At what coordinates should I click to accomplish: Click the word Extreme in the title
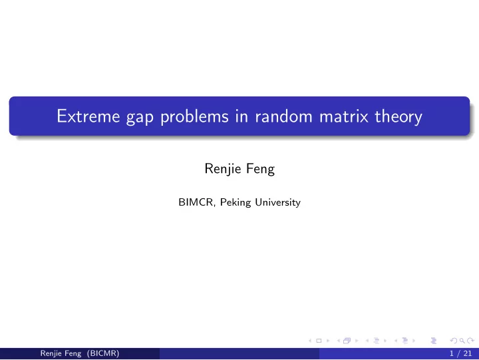(88, 116)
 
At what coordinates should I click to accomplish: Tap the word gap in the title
(140, 118)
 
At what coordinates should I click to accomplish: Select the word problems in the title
(194, 116)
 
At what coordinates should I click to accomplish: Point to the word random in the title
(284, 116)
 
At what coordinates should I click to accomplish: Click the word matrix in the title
(344, 116)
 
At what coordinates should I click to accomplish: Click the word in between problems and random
(241, 116)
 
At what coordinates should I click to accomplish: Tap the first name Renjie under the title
(223, 169)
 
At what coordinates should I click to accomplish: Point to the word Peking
(236, 202)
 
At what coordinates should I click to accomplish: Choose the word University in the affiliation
(277, 202)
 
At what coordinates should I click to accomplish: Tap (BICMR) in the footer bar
(103, 353)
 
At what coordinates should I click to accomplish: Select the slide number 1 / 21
(460, 353)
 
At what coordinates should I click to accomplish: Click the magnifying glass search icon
(462, 341)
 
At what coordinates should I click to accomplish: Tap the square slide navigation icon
(319, 341)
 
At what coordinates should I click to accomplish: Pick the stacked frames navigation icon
(347, 341)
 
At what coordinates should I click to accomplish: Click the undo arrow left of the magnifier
(454, 341)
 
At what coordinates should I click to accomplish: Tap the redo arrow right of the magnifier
(470, 341)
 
